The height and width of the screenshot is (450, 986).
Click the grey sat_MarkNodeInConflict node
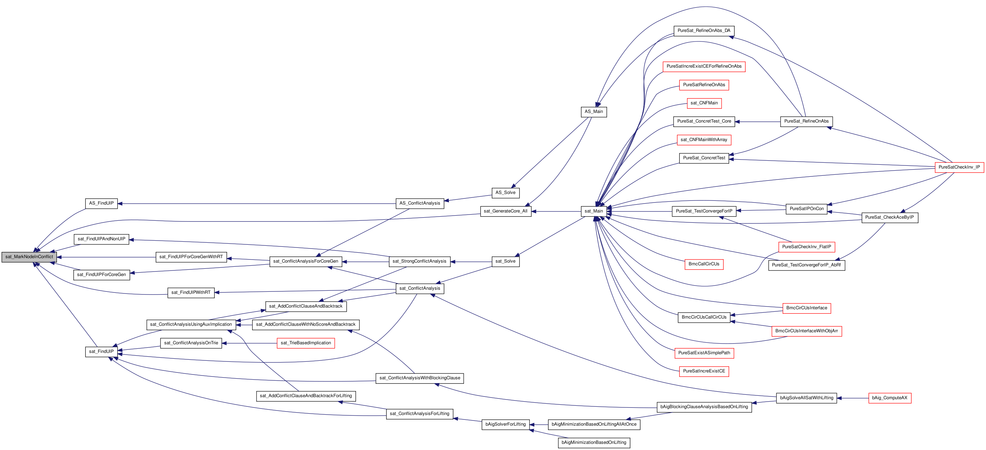point(29,257)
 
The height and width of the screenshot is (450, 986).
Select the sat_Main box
point(594,211)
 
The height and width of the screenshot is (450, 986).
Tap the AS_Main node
point(594,112)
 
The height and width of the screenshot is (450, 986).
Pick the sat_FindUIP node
point(102,351)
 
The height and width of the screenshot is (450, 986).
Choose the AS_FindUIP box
point(102,203)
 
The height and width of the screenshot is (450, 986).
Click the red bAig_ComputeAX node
point(890,398)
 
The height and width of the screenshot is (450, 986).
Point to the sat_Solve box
point(506,262)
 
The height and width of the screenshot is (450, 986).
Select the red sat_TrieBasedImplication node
point(306,343)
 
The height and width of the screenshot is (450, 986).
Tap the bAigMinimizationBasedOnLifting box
point(594,443)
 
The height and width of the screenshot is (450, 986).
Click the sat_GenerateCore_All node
point(506,211)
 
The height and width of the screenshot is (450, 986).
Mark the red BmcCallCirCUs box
point(704,264)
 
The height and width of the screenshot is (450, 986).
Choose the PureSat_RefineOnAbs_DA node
point(704,31)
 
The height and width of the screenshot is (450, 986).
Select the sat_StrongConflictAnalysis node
point(419,262)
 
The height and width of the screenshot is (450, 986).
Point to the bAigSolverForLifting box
point(506,424)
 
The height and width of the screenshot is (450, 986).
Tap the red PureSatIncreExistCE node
point(704,371)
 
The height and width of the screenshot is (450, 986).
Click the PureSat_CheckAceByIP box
point(890,218)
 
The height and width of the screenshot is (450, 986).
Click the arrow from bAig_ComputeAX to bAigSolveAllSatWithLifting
point(853,398)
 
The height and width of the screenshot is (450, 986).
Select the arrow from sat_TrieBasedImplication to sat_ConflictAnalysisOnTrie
point(250,343)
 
